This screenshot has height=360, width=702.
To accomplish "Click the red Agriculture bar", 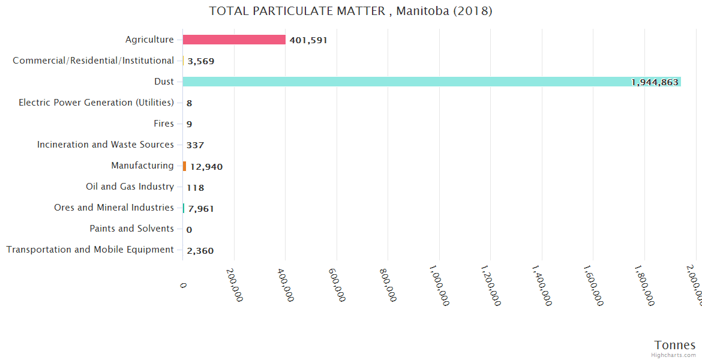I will coord(234,40).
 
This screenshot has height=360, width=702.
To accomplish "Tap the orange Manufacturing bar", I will coord(184,166).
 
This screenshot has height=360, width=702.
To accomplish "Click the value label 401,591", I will coord(308,40).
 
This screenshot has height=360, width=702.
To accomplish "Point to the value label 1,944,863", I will coord(655,82).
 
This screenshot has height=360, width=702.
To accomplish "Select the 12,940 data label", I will coord(206,167).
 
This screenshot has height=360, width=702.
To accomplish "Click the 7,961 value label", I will coord(201,209).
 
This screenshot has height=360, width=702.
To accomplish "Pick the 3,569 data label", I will coord(200,61).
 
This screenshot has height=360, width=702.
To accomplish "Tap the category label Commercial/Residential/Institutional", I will coord(93,61).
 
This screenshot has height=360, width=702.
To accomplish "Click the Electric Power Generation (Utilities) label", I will coord(96,103).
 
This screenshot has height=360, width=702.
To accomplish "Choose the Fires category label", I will coord(164,124).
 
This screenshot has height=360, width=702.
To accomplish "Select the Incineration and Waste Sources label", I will coord(105,145).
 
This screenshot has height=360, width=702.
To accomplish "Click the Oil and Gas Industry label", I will coord(130,187).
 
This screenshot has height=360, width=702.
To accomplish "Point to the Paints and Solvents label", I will coord(131,229).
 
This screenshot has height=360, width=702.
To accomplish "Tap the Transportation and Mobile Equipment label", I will coord(90,250).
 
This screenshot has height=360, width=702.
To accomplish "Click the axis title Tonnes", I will coord(674,345).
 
